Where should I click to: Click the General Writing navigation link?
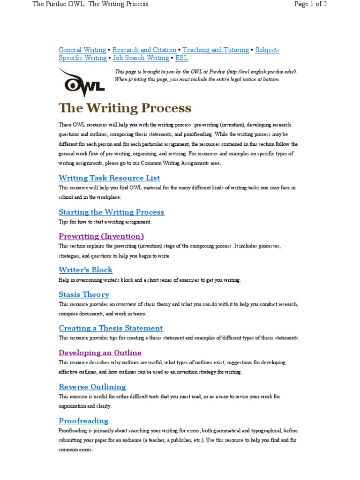[82, 50]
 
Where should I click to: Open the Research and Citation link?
[144, 50]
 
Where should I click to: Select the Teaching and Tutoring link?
[216, 50]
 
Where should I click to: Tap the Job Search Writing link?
[141, 58]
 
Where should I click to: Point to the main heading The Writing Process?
[125, 108]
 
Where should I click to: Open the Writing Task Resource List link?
[109, 178]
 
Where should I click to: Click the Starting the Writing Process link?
[112, 212]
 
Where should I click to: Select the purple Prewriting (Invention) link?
[101, 236]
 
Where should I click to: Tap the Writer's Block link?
[86, 270]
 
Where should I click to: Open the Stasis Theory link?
[84, 294]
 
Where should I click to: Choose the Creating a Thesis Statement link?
[111, 328]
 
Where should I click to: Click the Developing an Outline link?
[100, 352]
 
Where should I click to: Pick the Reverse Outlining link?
[92, 387]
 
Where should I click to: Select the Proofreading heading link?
[83, 420]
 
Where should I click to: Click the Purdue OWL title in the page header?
[90, 4]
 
